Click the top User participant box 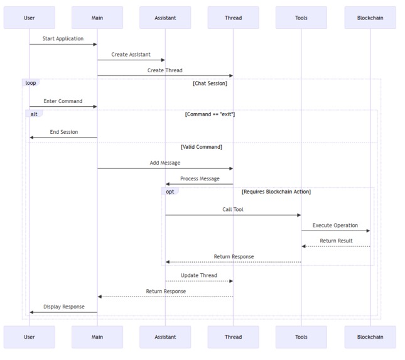click(x=29, y=18)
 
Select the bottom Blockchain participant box click(x=370, y=337)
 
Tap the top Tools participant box click(x=301, y=18)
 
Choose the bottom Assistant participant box click(x=165, y=337)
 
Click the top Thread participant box click(x=233, y=18)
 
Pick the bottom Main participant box click(x=97, y=337)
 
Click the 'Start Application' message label click(x=63, y=39)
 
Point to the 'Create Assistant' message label click(x=131, y=55)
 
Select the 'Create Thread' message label click(x=165, y=70)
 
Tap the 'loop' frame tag click(x=31, y=83)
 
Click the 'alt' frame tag click(x=34, y=114)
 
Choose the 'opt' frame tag click(x=170, y=192)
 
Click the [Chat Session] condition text click(x=210, y=83)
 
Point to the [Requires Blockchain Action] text click(x=276, y=192)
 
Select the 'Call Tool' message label click(x=233, y=209)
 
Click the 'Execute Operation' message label click(x=335, y=225)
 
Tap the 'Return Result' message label click(x=336, y=241)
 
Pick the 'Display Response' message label click(x=63, y=307)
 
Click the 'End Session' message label click(x=63, y=132)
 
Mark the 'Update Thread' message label click(x=199, y=275)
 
